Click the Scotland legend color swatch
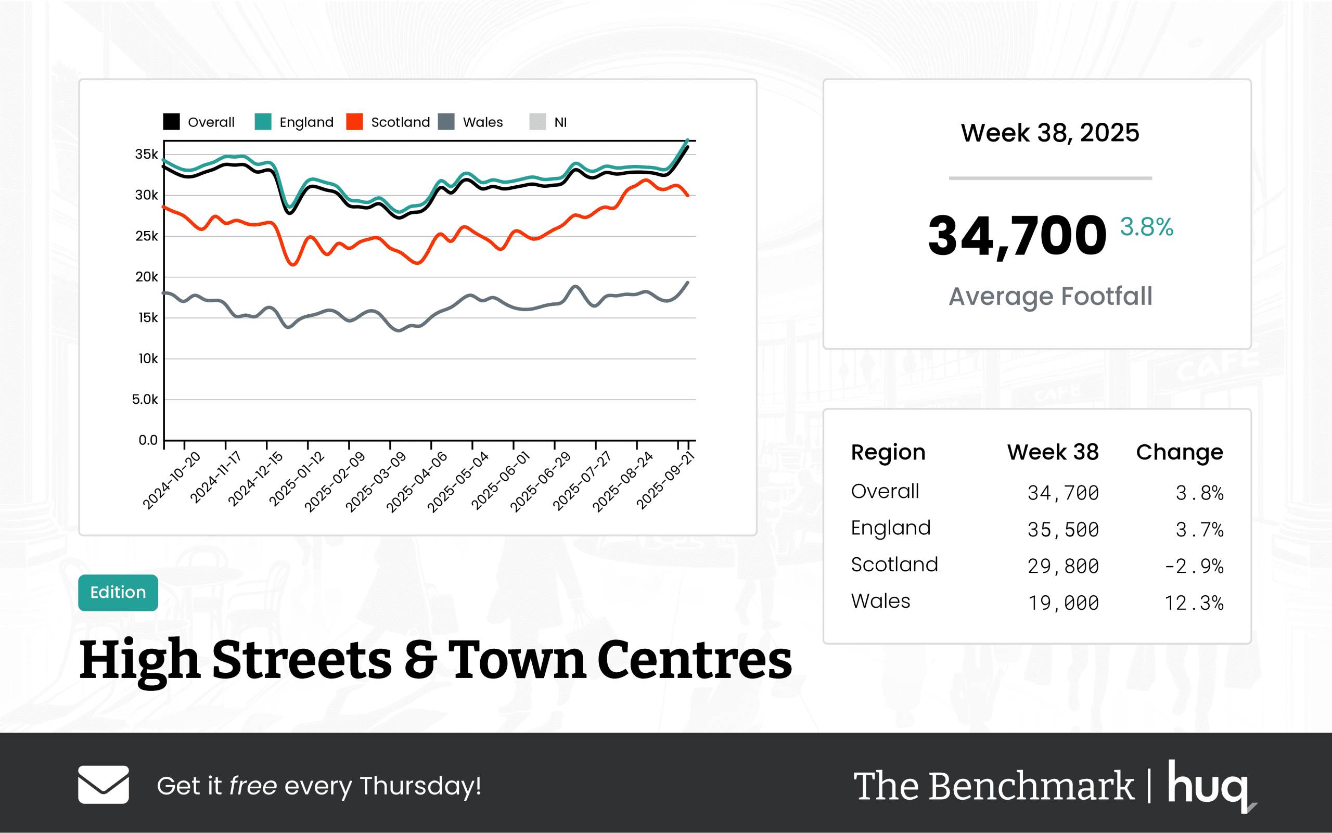pyautogui.click(x=354, y=122)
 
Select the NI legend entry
pyautogui.click(x=560, y=122)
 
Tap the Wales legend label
pyautogui.click(x=482, y=122)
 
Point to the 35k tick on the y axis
pyautogui.click(x=147, y=154)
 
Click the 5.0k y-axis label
pyautogui.click(x=145, y=400)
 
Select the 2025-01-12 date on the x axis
pyautogui.click(x=297, y=478)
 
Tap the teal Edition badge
pyautogui.click(x=118, y=592)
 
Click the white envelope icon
pyautogui.click(x=104, y=785)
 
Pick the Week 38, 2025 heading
pyautogui.click(x=1050, y=133)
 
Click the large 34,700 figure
pyautogui.click(x=1017, y=236)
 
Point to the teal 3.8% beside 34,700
pyautogui.click(x=1146, y=227)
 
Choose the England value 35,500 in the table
pyautogui.click(x=1063, y=530)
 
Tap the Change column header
pyautogui.click(x=1180, y=452)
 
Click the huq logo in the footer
pyautogui.click(x=1210, y=785)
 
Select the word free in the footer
pyautogui.click(x=253, y=786)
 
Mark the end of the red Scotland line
pyautogui.click(x=688, y=196)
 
